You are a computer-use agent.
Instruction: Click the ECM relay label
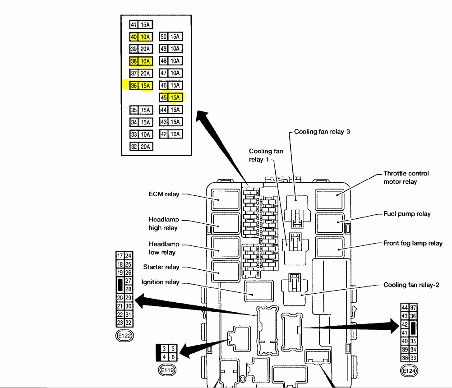tap(164, 194)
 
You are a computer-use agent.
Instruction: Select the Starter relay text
tap(161, 267)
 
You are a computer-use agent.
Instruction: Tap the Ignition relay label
tap(160, 282)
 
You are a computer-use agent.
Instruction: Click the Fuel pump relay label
tap(407, 214)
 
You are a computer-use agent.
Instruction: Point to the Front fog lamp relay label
tap(413, 244)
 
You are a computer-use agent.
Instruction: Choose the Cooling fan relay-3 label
tap(322, 132)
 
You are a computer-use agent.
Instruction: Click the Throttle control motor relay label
tap(406, 177)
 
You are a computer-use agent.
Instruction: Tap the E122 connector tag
tap(125, 336)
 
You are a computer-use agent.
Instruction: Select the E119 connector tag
tap(166, 370)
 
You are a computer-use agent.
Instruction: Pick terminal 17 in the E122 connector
tap(120, 256)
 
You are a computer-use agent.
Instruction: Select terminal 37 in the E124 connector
tap(413, 308)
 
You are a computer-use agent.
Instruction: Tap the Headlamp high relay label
tap(163, 224)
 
